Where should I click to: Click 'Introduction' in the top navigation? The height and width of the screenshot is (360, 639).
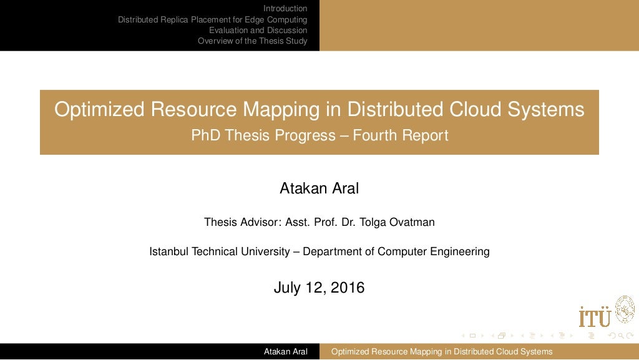[285, 8]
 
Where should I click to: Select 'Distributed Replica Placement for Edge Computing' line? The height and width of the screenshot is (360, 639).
[212, 19]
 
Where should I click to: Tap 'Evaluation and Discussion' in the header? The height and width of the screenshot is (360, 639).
[258, 30]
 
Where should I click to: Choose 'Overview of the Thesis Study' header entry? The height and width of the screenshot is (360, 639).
[252, 41]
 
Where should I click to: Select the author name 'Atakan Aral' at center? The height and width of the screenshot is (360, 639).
[319, 188]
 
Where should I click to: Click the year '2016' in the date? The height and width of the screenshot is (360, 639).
[347, 288]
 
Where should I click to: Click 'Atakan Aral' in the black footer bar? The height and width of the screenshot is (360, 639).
[286, 352]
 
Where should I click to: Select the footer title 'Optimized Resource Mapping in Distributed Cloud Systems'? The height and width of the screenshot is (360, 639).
[441, 352]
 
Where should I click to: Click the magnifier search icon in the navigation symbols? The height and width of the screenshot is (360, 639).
[620, 336]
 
